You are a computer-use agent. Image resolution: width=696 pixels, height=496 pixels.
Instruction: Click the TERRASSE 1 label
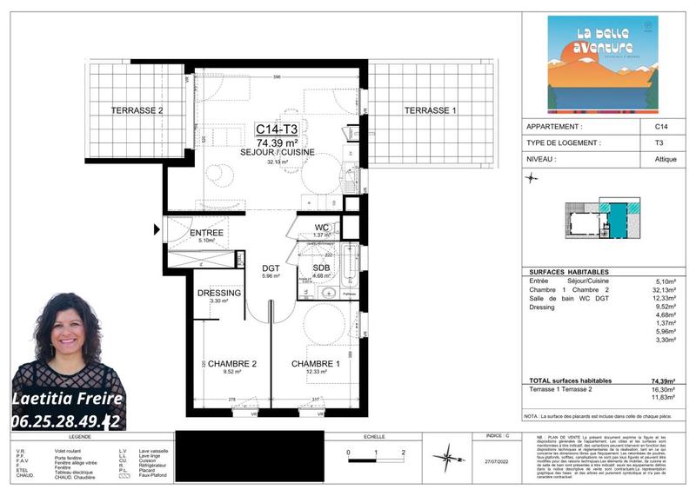pyautogui.click(x=430, y=110)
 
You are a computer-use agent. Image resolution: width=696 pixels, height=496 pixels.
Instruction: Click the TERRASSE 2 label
pyautogui.click(x=137, y=110)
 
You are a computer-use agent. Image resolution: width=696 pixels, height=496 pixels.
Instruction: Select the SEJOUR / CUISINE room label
pyautogui.click(x=278, y=152)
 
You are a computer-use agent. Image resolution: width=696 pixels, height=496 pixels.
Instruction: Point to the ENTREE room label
pyautogui.click(x=206, y=233)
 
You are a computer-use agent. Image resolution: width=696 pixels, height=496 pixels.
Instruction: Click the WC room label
pyautogui.click(x=322, y=228)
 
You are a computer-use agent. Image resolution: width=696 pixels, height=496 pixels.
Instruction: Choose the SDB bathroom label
pyautogui.click(x=322, y=268)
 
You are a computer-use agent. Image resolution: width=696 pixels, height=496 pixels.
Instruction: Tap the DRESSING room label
pyautogui.click(x=219, y=294)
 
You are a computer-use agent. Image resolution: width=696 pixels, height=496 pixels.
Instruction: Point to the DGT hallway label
pyautogui.click(x=271, y=268)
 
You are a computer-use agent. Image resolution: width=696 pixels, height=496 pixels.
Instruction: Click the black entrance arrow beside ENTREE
pyautogui.click(x=157, y=230)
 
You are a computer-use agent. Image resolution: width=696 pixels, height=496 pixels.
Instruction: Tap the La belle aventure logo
pyautogui.click(x=602, y=67)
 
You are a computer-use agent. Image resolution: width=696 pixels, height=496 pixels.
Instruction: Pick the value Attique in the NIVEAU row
pyautogui.click(x=666, y=159)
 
